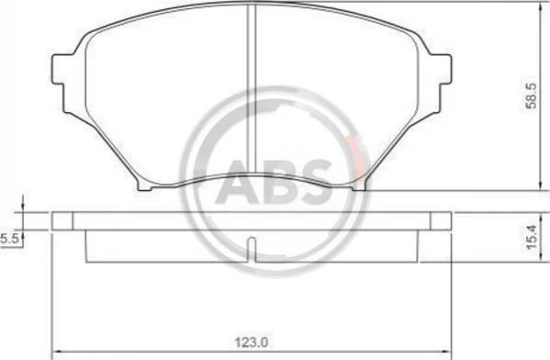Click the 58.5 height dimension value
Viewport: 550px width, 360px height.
point(532,96)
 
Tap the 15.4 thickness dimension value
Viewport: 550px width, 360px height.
point(532,237)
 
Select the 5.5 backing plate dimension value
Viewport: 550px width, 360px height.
point(9,240)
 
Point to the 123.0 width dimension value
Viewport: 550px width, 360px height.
point(252,343)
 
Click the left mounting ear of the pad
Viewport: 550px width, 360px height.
point(58,69)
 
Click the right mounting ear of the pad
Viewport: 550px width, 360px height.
point(444,69)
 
